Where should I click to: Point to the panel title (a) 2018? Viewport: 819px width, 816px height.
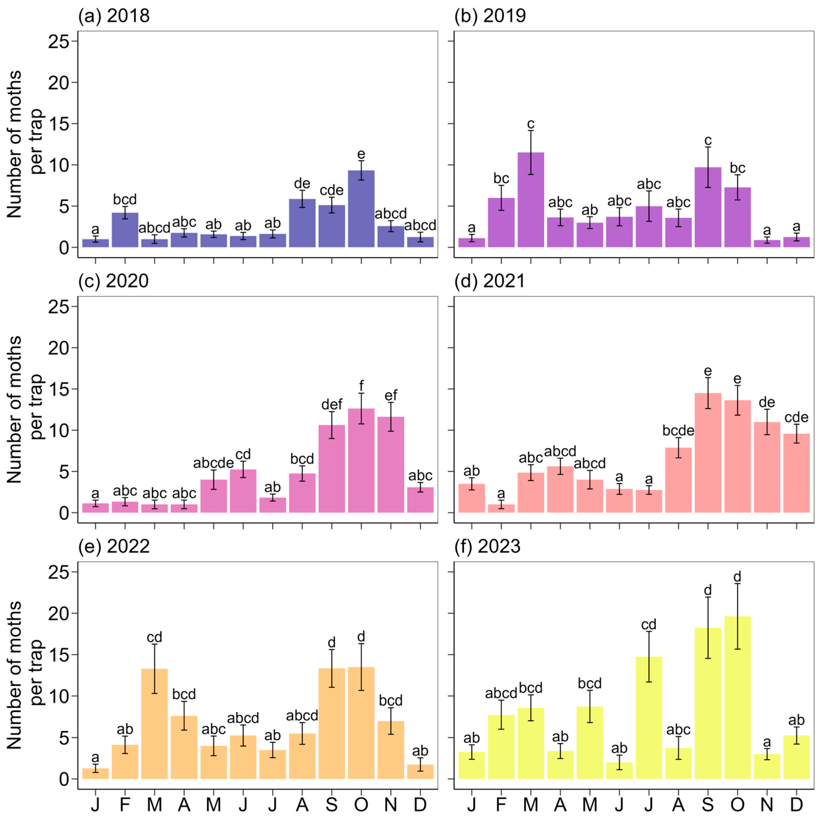[x=113, y=16]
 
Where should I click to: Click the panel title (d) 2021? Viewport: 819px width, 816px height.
[x=490, y=281]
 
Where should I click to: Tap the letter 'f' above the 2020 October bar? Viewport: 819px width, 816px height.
[x=361, y=386]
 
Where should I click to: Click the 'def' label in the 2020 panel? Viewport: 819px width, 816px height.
[x=332, y=405]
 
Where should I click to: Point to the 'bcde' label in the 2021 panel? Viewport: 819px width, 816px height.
[x=678, y=431]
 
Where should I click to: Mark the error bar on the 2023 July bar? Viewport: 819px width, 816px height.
[x=649, y=657]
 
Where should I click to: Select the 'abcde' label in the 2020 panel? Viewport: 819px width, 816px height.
[x=213, y=463]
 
